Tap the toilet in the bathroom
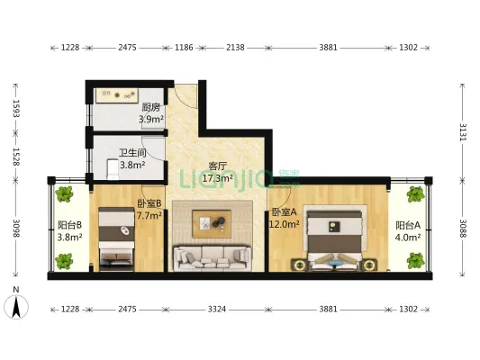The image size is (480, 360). point(113,169)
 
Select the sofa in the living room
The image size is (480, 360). point(213,258)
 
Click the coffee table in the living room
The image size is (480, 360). point(212,223)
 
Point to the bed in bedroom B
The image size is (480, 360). point(117,239)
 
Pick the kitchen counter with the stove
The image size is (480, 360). point(117,95)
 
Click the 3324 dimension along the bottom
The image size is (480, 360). point(217,310)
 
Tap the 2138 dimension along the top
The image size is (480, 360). point(235,48)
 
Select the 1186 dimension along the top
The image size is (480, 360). point(184,48)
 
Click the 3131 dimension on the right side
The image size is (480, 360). point(462,132)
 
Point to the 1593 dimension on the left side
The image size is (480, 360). point(16,109)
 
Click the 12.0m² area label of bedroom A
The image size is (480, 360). point(284,224)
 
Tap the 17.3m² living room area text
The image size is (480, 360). point(218,178)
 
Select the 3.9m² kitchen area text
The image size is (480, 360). point(151,119)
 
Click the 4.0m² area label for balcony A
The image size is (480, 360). point(407,238)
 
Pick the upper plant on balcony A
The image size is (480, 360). point(416,193)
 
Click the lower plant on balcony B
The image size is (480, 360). point(64,262)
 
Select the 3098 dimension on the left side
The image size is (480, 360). point(16,229)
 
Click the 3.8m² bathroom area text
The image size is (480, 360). point(132,166)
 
